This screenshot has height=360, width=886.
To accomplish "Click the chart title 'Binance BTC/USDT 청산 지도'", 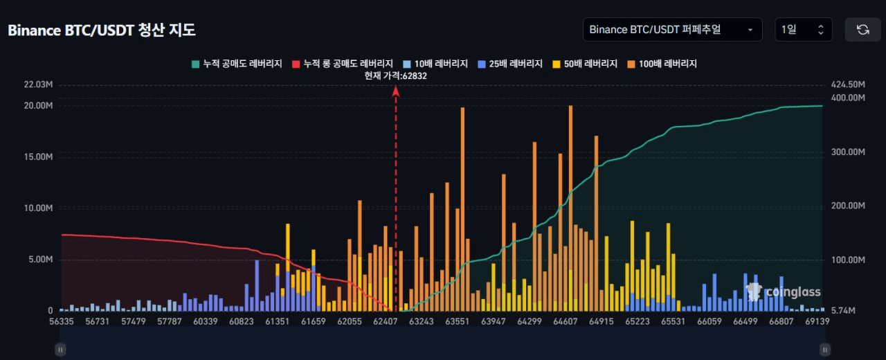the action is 102,30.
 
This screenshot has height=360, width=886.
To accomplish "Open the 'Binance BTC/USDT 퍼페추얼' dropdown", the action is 672,30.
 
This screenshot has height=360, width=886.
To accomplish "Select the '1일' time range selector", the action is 804,30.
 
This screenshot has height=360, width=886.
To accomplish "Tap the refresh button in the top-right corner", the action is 862,30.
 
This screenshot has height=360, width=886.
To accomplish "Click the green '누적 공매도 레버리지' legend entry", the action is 237,64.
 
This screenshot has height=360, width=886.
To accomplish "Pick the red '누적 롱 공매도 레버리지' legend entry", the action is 343,64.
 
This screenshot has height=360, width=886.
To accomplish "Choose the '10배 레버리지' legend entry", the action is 435,64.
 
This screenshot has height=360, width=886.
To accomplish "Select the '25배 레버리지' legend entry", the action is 510,64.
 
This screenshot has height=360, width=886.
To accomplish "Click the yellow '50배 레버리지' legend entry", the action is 585,64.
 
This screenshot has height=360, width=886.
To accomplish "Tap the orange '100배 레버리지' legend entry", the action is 662,64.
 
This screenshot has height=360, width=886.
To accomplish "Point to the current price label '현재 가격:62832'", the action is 395,76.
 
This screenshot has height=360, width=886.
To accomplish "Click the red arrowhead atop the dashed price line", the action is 395,92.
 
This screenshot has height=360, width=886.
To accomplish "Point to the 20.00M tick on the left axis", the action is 38,106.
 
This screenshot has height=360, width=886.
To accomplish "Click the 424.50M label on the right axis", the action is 848,84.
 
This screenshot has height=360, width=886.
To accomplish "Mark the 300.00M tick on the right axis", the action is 848,152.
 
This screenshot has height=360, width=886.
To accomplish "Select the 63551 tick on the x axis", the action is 458,322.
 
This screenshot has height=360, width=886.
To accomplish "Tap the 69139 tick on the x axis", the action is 817,322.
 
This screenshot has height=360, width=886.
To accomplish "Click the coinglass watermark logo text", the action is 793,292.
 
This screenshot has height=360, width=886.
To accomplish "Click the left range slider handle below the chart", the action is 60,350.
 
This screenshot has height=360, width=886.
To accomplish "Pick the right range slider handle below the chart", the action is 825,350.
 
